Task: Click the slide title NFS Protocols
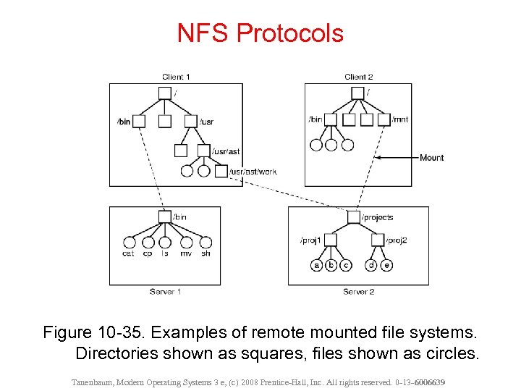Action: tap(260, 33)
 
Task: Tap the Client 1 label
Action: tap(177, 77)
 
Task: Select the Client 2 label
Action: tap(359, 77)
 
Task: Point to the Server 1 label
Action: tap(166, 291)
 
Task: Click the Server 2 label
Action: tap(359, 291)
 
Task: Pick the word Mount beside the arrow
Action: tap(432, 158)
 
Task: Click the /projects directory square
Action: tap(353, 217)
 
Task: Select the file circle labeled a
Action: tap(317, 265)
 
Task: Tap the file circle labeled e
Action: tap(387, 265)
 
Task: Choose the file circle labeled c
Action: tap(346, 265)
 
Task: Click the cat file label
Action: tap(128, 253)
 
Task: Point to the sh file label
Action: tap(206, 253)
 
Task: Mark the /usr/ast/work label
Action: tap(253, 172)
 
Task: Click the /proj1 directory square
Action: tap(331, 240)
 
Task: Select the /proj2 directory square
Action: tap(378, 240)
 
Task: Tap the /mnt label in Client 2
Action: tap(400, 119)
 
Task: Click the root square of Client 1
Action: tap(165, 93)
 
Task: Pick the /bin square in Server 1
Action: tap(165, 216)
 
